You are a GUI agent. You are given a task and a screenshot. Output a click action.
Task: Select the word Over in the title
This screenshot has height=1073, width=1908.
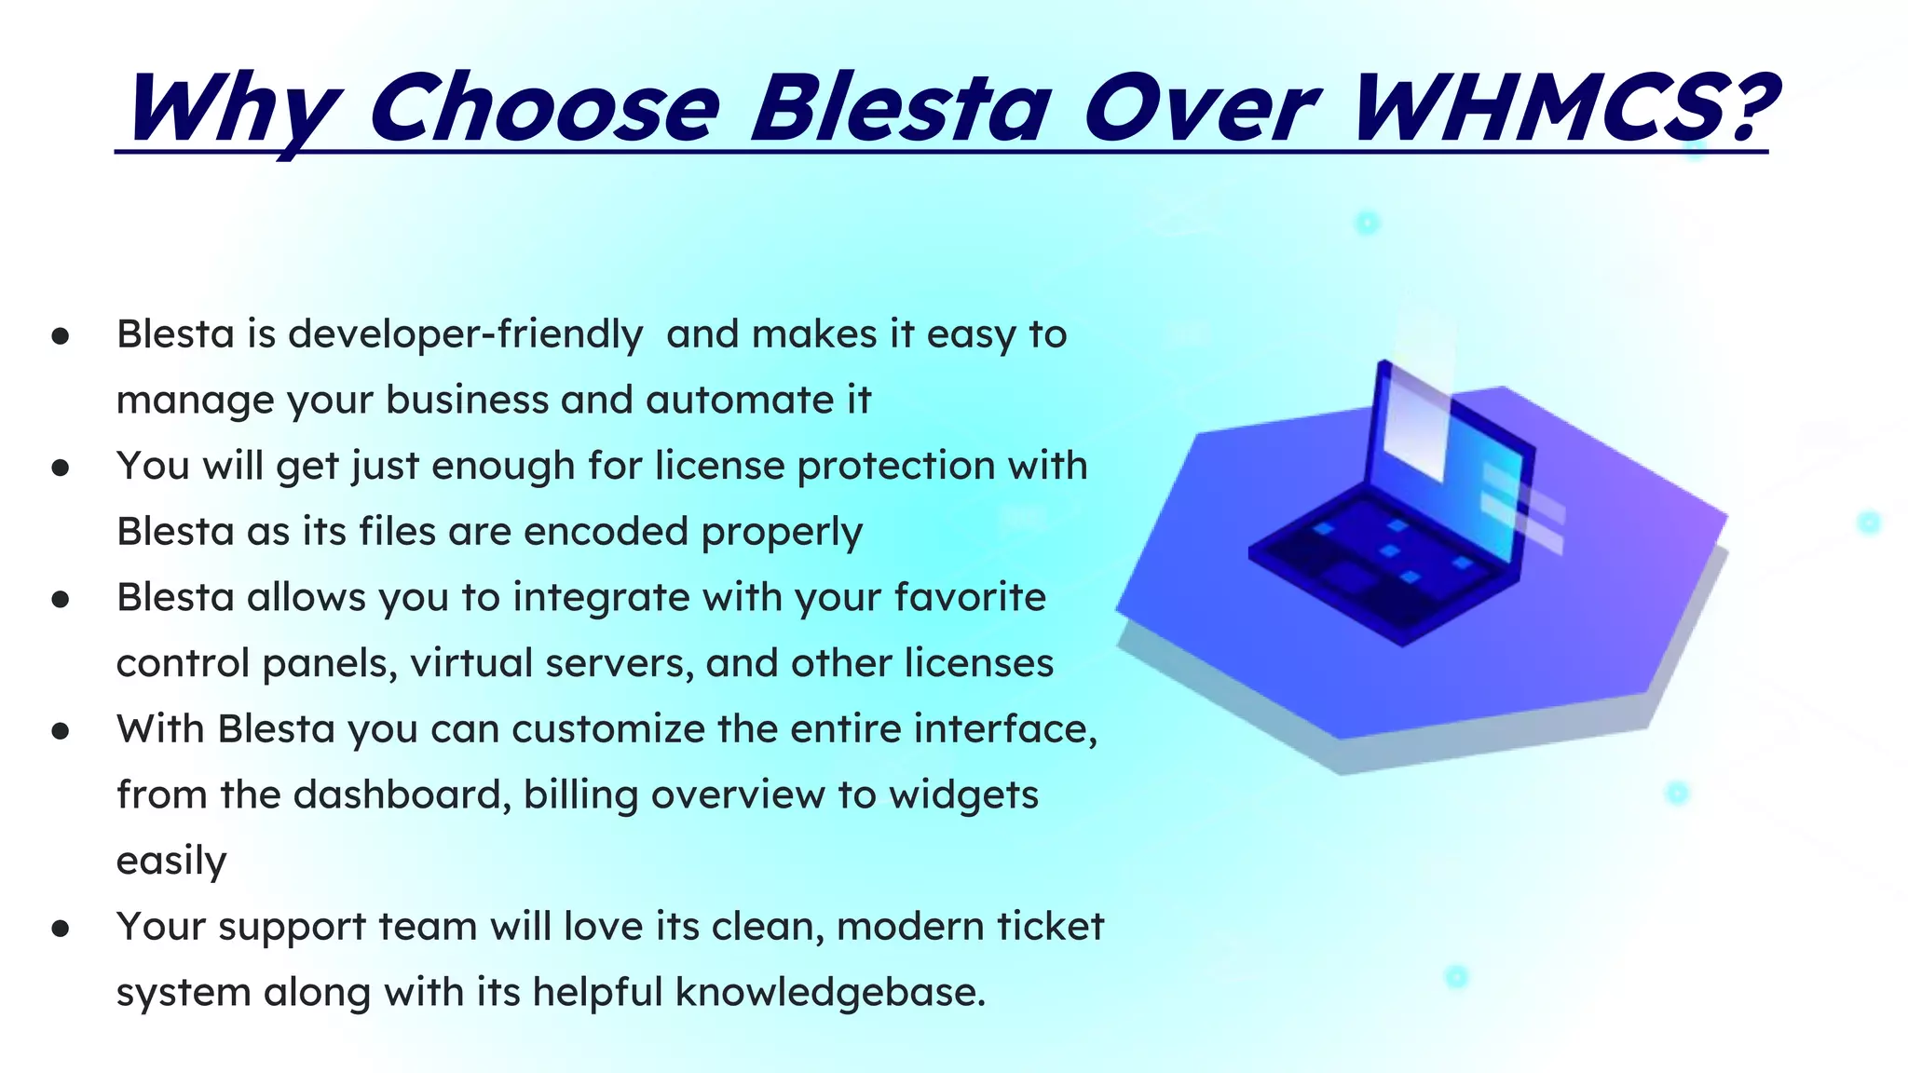click(1201, 109)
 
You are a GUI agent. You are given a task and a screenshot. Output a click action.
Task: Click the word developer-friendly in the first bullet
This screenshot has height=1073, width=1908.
click(465, 334)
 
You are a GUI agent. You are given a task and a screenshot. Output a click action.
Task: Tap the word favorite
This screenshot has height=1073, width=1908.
click(969, 598)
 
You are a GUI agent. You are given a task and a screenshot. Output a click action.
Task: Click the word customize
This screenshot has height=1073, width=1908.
click(607, 729)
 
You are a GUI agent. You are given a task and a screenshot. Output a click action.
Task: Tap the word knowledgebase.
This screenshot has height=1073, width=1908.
click(829, 993)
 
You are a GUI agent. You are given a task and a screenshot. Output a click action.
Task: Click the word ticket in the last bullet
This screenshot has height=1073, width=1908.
click(1050, 927)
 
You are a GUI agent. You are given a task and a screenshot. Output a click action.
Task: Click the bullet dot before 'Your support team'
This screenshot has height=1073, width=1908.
click(61, 928)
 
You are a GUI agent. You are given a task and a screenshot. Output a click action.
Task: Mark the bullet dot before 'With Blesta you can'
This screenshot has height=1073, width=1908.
click(61, 730)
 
